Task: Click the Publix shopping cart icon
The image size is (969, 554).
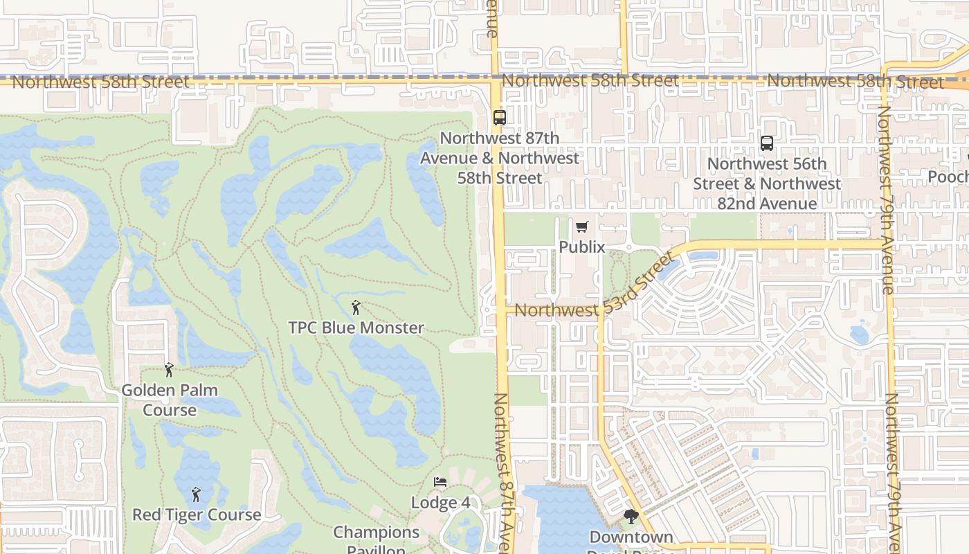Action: tap(581, 227)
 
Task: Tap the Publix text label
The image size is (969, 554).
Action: tap(581, 247)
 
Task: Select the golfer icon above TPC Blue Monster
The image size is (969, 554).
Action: tap(356, 307)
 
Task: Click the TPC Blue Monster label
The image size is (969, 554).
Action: tap(356, 328)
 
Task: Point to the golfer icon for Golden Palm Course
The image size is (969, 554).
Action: tap(169, 370)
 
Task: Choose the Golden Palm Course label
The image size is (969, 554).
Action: tap(170, 400)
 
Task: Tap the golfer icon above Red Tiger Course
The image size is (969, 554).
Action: tap(196, 494)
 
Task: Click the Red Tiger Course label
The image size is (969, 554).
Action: tap(197, 515)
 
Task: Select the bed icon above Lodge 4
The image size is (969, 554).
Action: tap(440, 482)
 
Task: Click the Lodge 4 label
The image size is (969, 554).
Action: tap(440, 502)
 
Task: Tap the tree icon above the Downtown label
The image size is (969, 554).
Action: tap(631, 517)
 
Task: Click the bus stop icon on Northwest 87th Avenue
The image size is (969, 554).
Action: tap(500, 118)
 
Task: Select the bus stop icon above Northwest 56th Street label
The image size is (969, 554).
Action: tap(767, 143)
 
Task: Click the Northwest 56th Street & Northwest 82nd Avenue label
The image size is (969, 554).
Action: tap(767, 184)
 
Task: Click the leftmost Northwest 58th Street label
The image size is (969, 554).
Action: tap(100, 82)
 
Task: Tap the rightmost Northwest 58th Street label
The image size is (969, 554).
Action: tap(855, 82)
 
